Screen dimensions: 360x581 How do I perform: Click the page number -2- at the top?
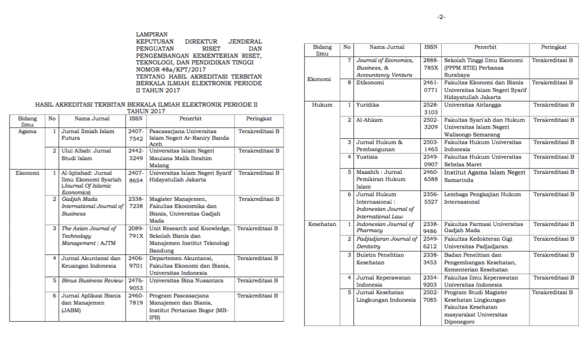441,17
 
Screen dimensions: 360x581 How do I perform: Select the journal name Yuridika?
368,105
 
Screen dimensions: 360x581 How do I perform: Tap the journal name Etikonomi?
370,83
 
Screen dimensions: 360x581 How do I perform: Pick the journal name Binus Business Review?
92,281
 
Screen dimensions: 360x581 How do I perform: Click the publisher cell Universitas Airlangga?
472,105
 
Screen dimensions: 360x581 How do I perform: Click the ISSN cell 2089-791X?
136,233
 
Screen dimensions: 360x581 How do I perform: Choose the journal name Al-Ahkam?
369,120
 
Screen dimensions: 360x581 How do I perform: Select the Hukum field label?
322,105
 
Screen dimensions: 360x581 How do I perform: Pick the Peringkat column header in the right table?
554,47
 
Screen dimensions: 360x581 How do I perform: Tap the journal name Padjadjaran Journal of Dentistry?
387,242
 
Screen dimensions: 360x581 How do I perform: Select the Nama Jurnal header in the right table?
387,47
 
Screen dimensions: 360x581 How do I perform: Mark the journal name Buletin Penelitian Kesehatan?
380,259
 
